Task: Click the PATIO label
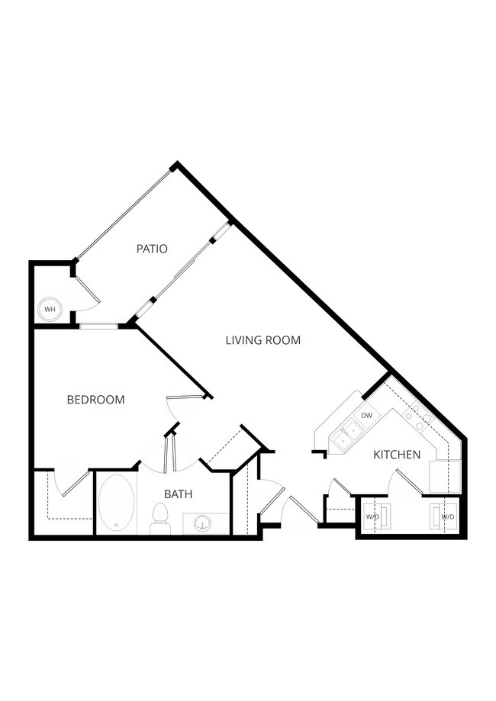[152, 249]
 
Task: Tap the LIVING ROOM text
[262, 340]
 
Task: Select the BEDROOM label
[95, 400]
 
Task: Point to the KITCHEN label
[397, 455]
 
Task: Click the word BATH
[178, 494]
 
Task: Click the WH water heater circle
[50, 309]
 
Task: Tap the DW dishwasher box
[366, 416]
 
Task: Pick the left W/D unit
[373, 516]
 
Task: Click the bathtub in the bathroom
[117, 503]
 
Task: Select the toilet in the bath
[160, 519]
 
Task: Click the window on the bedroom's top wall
[98, 326]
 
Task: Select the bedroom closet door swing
[75, 485]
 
